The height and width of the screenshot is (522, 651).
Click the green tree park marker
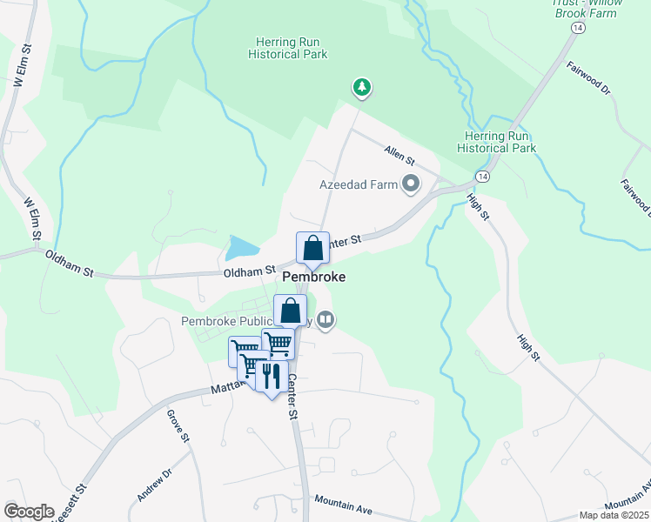pos(361,86)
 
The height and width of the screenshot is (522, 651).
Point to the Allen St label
pos(400,156)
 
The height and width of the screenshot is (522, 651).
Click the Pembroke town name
pos(313,278)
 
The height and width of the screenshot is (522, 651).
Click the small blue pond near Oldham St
pos(239,249)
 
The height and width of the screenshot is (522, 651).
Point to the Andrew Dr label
pos(155,485)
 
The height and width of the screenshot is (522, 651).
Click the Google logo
pos(29,512)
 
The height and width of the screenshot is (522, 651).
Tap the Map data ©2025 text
pos(614,515)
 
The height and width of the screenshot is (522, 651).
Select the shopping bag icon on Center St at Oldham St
pos(313,248)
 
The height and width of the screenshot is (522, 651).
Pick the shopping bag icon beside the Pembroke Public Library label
pos(290,311)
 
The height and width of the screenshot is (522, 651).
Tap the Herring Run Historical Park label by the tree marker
pos(292,48)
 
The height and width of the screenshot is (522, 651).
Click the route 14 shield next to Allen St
pos(481,176)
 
